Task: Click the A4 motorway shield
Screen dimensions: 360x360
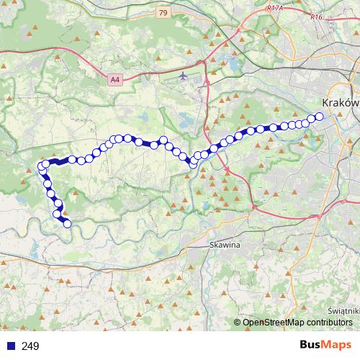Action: (116, 81)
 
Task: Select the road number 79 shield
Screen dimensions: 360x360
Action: (163, 12)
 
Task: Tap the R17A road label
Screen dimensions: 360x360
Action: (274, 8)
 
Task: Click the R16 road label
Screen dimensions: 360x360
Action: (315, 16)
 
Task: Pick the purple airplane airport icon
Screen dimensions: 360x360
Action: (182, 74)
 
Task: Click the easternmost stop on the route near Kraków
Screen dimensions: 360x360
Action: (319, 117)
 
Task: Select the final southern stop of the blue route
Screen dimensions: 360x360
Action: (68, 224)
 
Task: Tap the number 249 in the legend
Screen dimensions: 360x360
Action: (30, 346)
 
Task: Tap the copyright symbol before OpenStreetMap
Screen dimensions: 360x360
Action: (237, 323)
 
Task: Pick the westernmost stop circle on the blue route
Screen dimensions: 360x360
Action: (41, 168)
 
